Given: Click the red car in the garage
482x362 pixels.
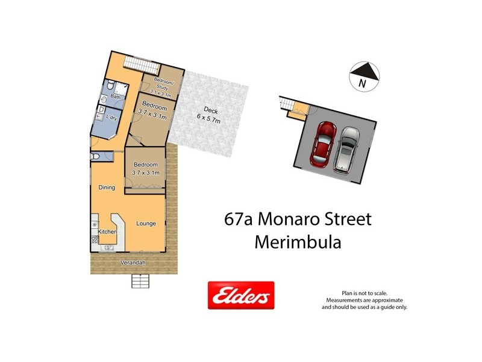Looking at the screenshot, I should [x=323, y=145].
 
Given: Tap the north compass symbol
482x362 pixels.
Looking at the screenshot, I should [x=365, y=77].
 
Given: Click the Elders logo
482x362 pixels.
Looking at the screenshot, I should [x=241, y=296].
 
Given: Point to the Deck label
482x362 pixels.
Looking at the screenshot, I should [x=210, y=110].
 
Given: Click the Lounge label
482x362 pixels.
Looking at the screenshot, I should [x=146, y=224].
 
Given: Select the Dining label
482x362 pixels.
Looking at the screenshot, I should [x=107, y=188].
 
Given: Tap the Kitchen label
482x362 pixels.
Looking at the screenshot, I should [x=107, y=232].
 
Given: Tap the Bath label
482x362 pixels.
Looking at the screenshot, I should [x=115, y=97].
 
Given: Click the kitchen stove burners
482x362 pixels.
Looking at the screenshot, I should [x=95, y=240].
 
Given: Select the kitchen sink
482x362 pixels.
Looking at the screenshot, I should [x=110, y=246].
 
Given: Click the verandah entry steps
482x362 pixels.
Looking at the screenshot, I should [x=139, y=281].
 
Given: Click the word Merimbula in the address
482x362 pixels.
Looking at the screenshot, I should [x=298, y=242].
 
